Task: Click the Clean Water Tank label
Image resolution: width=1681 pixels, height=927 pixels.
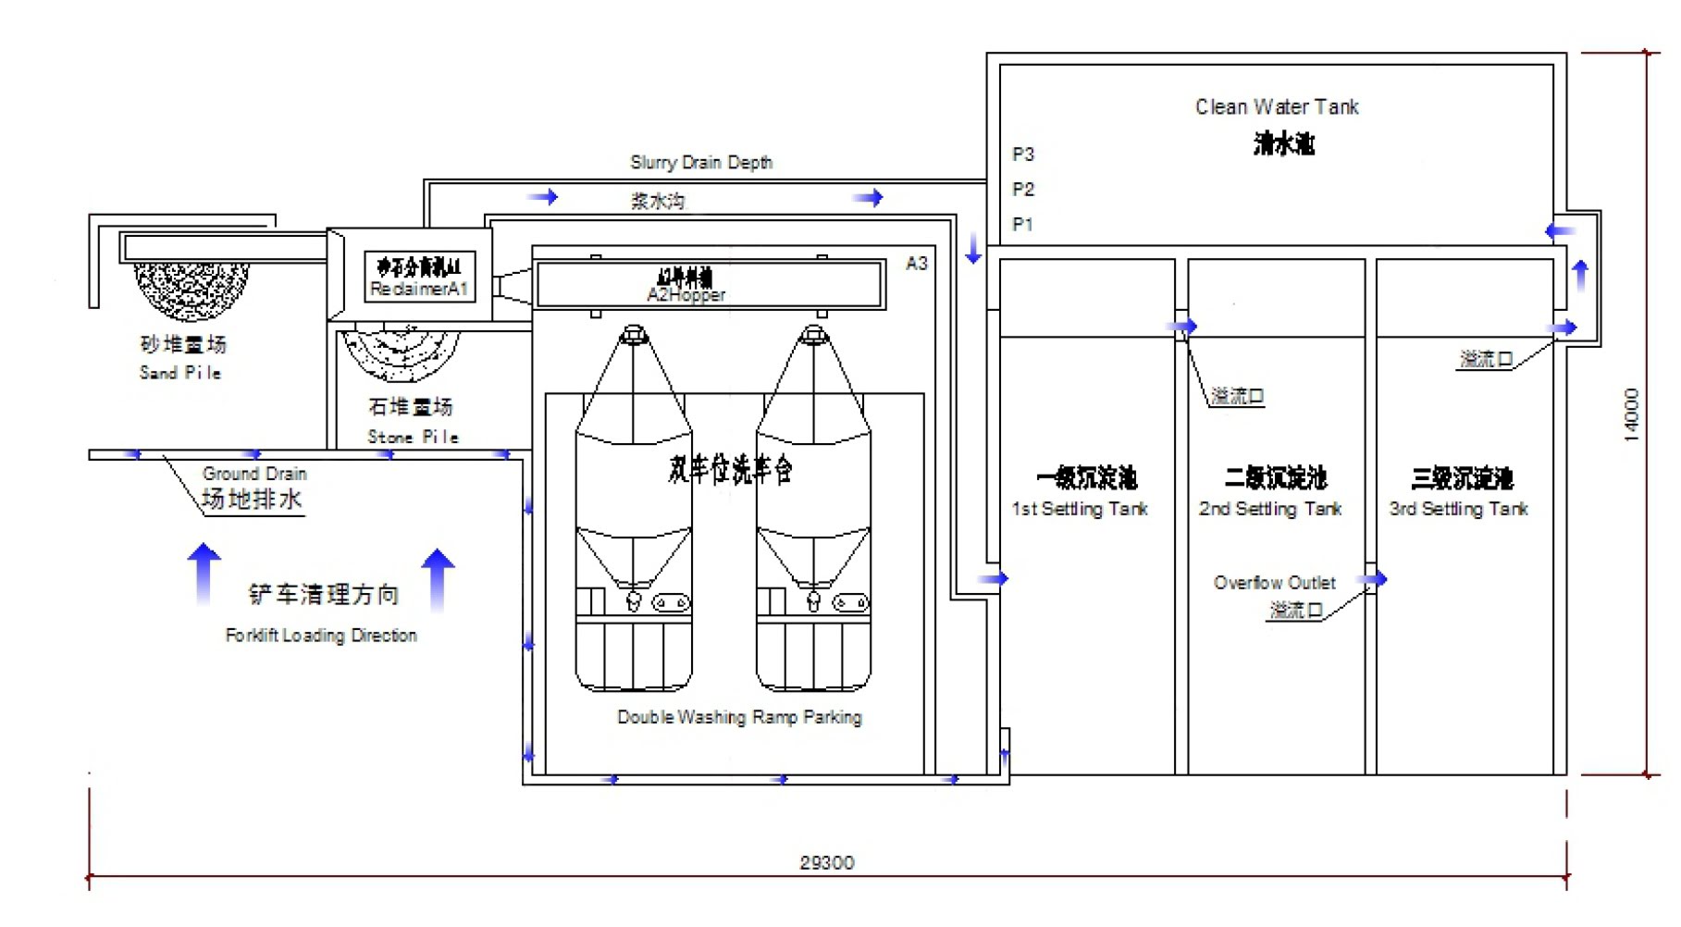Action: point(1276,107)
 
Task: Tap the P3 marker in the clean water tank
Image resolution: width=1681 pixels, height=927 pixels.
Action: point(1022,154)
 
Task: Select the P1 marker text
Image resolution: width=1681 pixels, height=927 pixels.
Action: point(1022,225)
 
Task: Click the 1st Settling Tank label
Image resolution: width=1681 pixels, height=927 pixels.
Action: point(1079,509)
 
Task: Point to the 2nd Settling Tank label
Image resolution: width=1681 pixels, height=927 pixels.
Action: point(1269,509)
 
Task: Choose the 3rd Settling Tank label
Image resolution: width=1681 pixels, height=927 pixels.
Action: point(1458,509)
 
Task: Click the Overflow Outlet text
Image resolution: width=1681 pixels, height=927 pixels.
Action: point(1274,583)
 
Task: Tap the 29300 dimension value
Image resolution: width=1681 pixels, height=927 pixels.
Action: point(826,863)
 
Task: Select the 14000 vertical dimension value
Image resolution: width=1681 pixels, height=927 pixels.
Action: point(1632,414)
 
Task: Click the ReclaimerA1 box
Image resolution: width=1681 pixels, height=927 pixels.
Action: point(419,277)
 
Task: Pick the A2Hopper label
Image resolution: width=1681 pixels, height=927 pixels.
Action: point(686,295)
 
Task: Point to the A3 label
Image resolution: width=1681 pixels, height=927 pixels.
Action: point(916,264)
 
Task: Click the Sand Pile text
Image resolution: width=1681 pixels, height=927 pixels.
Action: point(180,373)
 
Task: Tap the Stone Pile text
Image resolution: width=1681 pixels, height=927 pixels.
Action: point(413,437)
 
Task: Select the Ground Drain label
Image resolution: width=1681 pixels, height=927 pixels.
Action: point(254,474)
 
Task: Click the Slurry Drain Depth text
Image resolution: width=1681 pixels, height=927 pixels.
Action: point(701,163)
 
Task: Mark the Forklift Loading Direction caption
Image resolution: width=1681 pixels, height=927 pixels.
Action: point(321,636)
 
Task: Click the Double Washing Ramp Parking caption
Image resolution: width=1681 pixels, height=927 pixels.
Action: point(739,717)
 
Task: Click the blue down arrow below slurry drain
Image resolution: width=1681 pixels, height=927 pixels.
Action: point(972,248)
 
